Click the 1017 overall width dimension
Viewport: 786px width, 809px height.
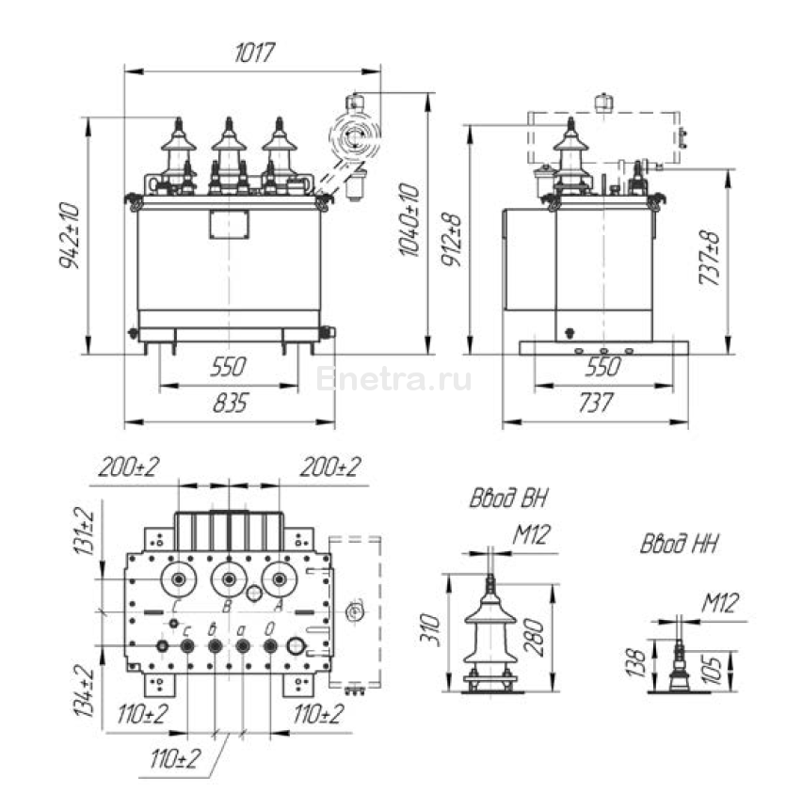253,55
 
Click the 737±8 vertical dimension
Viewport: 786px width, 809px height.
713,255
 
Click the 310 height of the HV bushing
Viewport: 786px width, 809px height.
431,633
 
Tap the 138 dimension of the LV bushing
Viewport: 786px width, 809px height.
637,662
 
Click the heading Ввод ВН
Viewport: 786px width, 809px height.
508,499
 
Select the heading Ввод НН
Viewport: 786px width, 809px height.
680,545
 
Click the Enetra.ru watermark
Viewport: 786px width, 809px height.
394,380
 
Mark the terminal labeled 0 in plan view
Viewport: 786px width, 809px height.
271,629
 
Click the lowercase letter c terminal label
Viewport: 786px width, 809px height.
188,629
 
